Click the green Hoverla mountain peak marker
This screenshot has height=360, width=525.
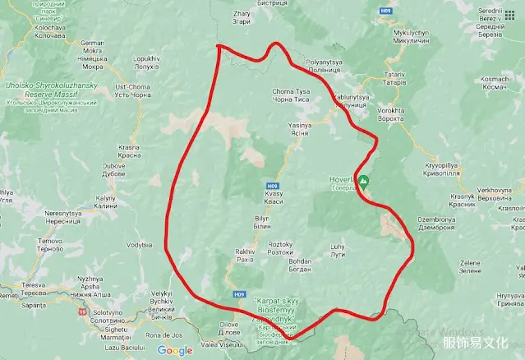click(x=366, y=180)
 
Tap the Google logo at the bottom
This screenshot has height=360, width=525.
click(x=175, y=351)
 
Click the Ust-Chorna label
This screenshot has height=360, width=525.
click(x=132, y=90)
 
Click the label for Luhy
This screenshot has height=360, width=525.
click(x=338, y=250)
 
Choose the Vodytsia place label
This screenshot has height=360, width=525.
click(x=140, y=245)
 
